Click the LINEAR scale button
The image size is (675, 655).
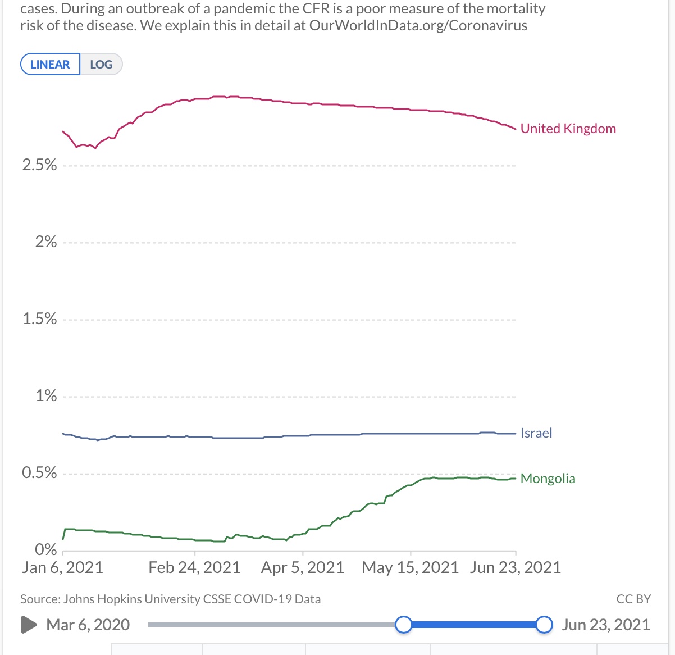click(50, 64)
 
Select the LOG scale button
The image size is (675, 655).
click(101, 64)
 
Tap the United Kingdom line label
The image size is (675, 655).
click(568, 129)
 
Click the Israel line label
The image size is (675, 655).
click(536, 433)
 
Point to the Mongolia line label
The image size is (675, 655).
click(548, 479)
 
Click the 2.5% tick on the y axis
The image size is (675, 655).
click(39, 165)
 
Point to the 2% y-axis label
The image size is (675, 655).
click(45, 242)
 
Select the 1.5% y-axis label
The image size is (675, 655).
click(39, 319)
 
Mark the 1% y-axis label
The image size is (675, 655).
click(46, 396)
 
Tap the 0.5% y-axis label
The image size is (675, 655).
click(39, 473)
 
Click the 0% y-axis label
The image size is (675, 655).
click(45, 549)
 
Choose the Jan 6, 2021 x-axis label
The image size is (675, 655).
click(62, 567)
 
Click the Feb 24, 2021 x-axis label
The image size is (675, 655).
click(194, 567)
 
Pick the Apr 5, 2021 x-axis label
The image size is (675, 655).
click(302, 567)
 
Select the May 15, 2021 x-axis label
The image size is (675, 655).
click(411, 567)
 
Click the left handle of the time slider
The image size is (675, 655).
click(403, 625)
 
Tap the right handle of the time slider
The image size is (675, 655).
click(544, 625)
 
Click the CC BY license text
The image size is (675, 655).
click(633, 599)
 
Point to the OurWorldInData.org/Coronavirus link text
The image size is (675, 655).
click(418, 26)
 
